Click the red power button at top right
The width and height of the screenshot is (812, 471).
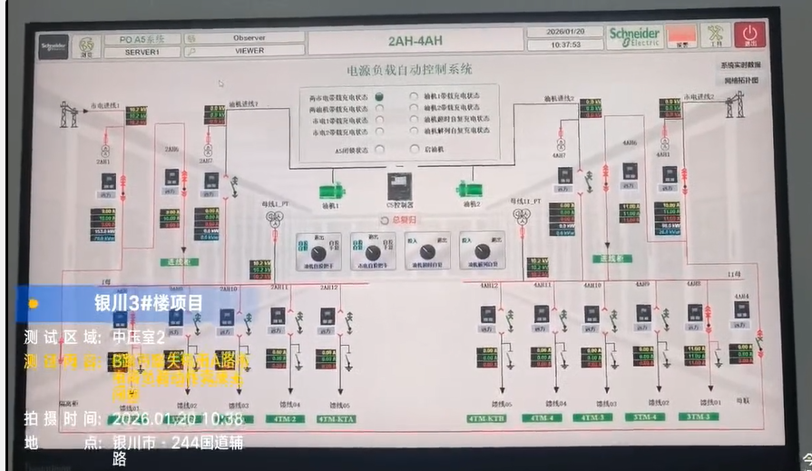[750, 34]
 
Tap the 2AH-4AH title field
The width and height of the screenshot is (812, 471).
[416, 41]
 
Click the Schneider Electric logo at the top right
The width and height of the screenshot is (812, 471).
[634, 36]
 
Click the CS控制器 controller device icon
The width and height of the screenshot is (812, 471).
[400, 186]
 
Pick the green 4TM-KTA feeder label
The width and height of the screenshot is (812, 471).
[337, 418]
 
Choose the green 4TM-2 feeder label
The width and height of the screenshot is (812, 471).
[288, 418]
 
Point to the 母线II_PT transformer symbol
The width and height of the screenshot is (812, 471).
[521, 216]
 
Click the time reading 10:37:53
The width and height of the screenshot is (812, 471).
[564, 44]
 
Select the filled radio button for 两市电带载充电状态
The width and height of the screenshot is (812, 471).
[379, 96]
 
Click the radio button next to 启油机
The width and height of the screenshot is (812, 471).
[414, 150]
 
